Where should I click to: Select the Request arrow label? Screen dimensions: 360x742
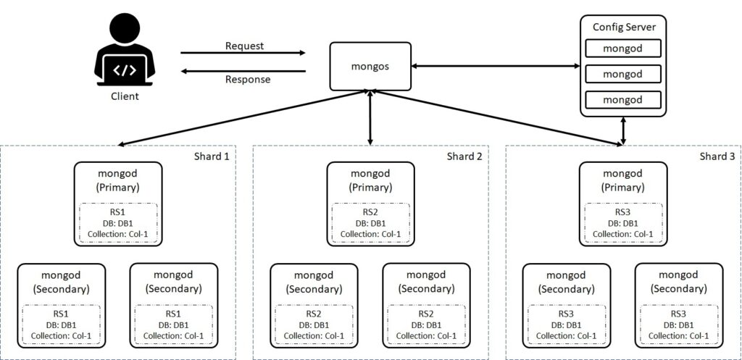(x=243, y=46)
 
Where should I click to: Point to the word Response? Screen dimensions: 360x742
(x=247, y=79)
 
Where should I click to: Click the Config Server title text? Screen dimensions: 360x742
(x=623, y=27)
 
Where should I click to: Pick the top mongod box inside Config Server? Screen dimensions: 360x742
(x=623, y=49)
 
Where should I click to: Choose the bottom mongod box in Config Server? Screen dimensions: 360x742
(x=623, y=99)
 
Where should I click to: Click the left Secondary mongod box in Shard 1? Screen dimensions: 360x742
(x=62, y=305)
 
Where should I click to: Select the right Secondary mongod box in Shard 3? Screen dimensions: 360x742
(x=678, y=305)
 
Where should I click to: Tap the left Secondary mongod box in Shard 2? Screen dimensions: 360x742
(x=314, y=305)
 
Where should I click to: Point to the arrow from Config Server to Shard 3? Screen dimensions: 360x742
(x=623, y=131)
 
